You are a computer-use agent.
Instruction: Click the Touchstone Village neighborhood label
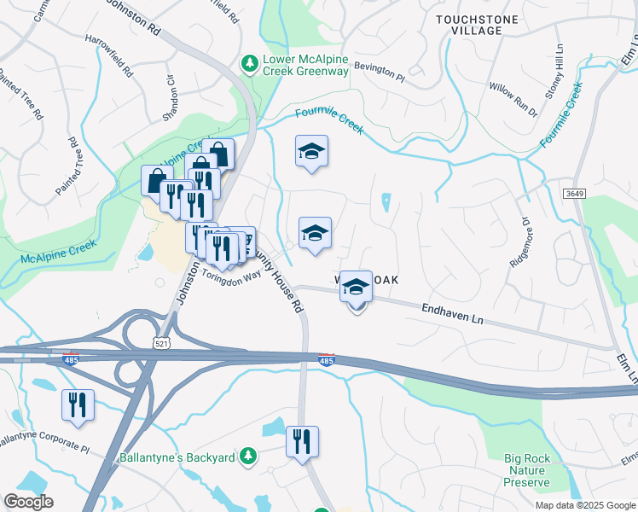(468, 24)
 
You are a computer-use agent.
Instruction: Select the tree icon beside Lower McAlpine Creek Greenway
(249, 62)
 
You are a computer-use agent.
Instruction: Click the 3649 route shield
(572, 195)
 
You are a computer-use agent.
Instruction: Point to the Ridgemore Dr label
(520, 241)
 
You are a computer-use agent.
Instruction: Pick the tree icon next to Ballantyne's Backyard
(247, 457)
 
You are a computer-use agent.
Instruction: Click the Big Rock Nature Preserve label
(526, 470)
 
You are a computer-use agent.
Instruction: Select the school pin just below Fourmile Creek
(311, 152)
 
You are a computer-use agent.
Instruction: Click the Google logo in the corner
(28, 502)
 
